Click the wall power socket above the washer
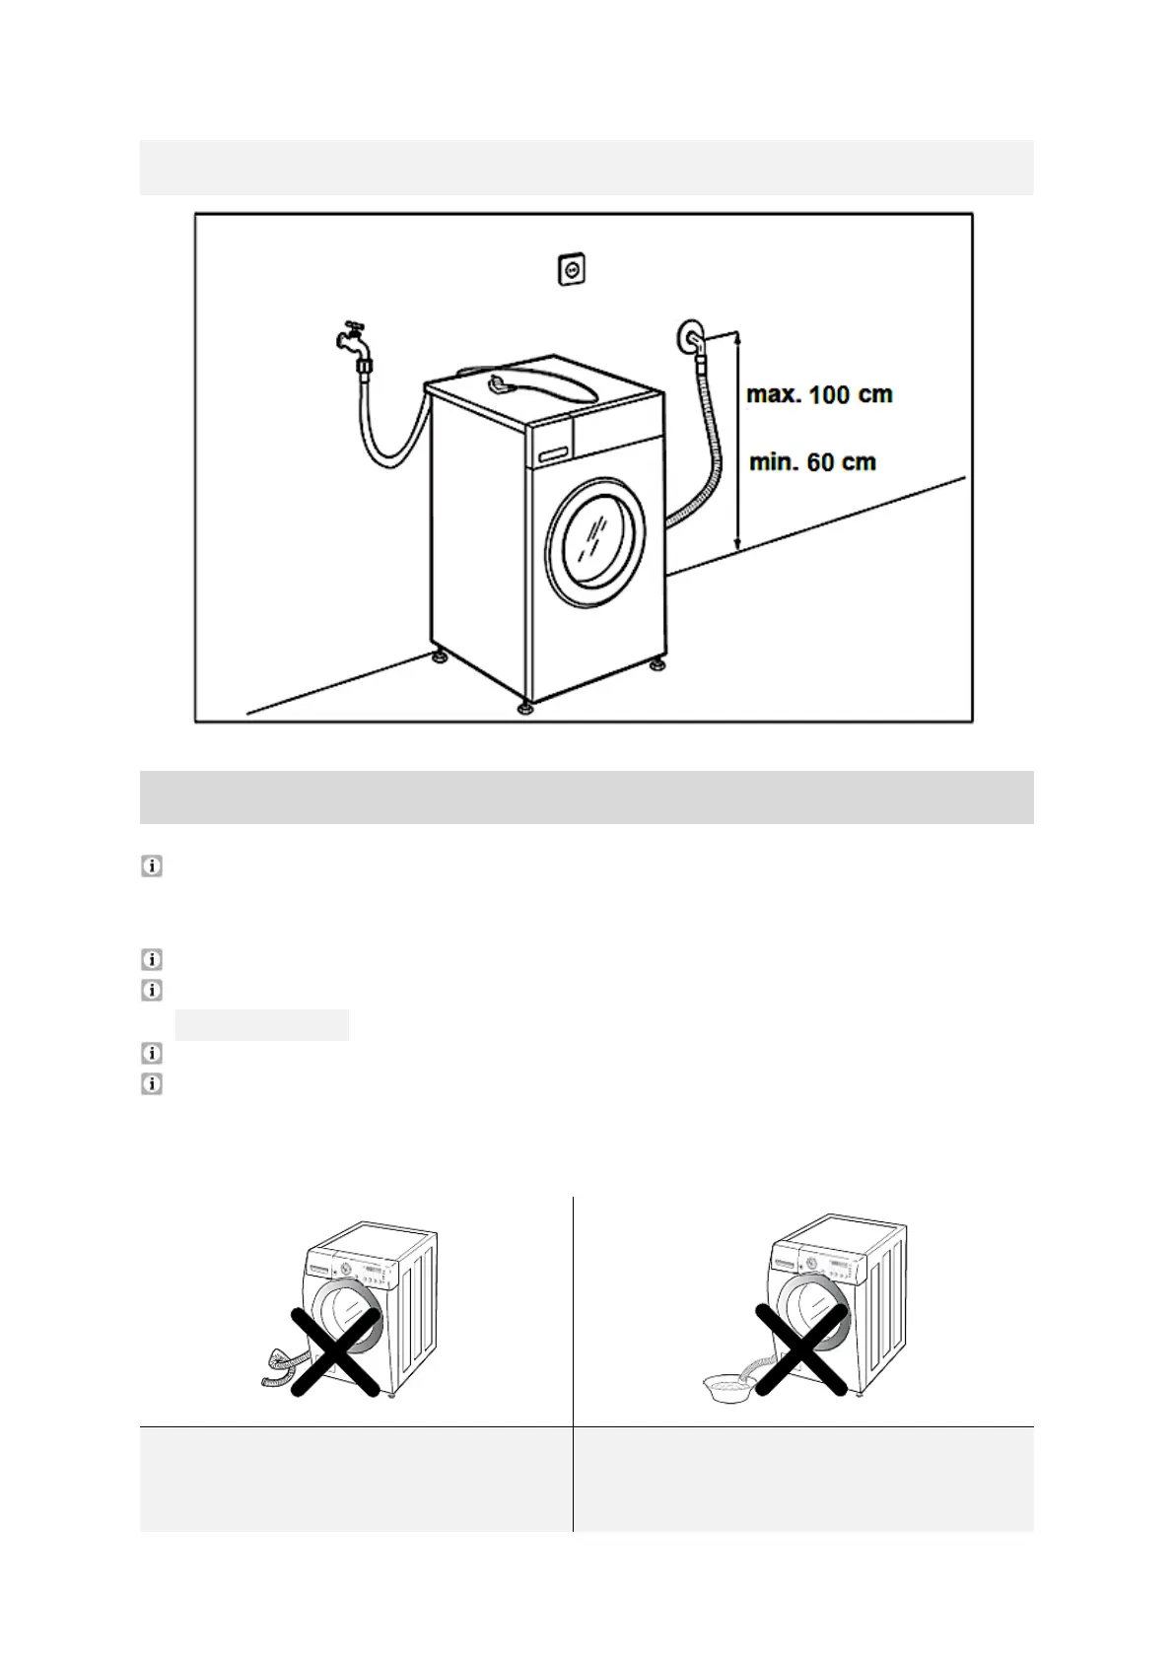(x=570, y=269)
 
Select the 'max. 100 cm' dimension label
(x=819, y=395)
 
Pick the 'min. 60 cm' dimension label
(x=813, y=461)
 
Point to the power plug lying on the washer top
(x=501, y=380)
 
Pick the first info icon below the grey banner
(x=152, y=866)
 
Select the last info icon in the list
(x=152, y=1084)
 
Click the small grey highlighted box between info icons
(x=262, y=1025)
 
